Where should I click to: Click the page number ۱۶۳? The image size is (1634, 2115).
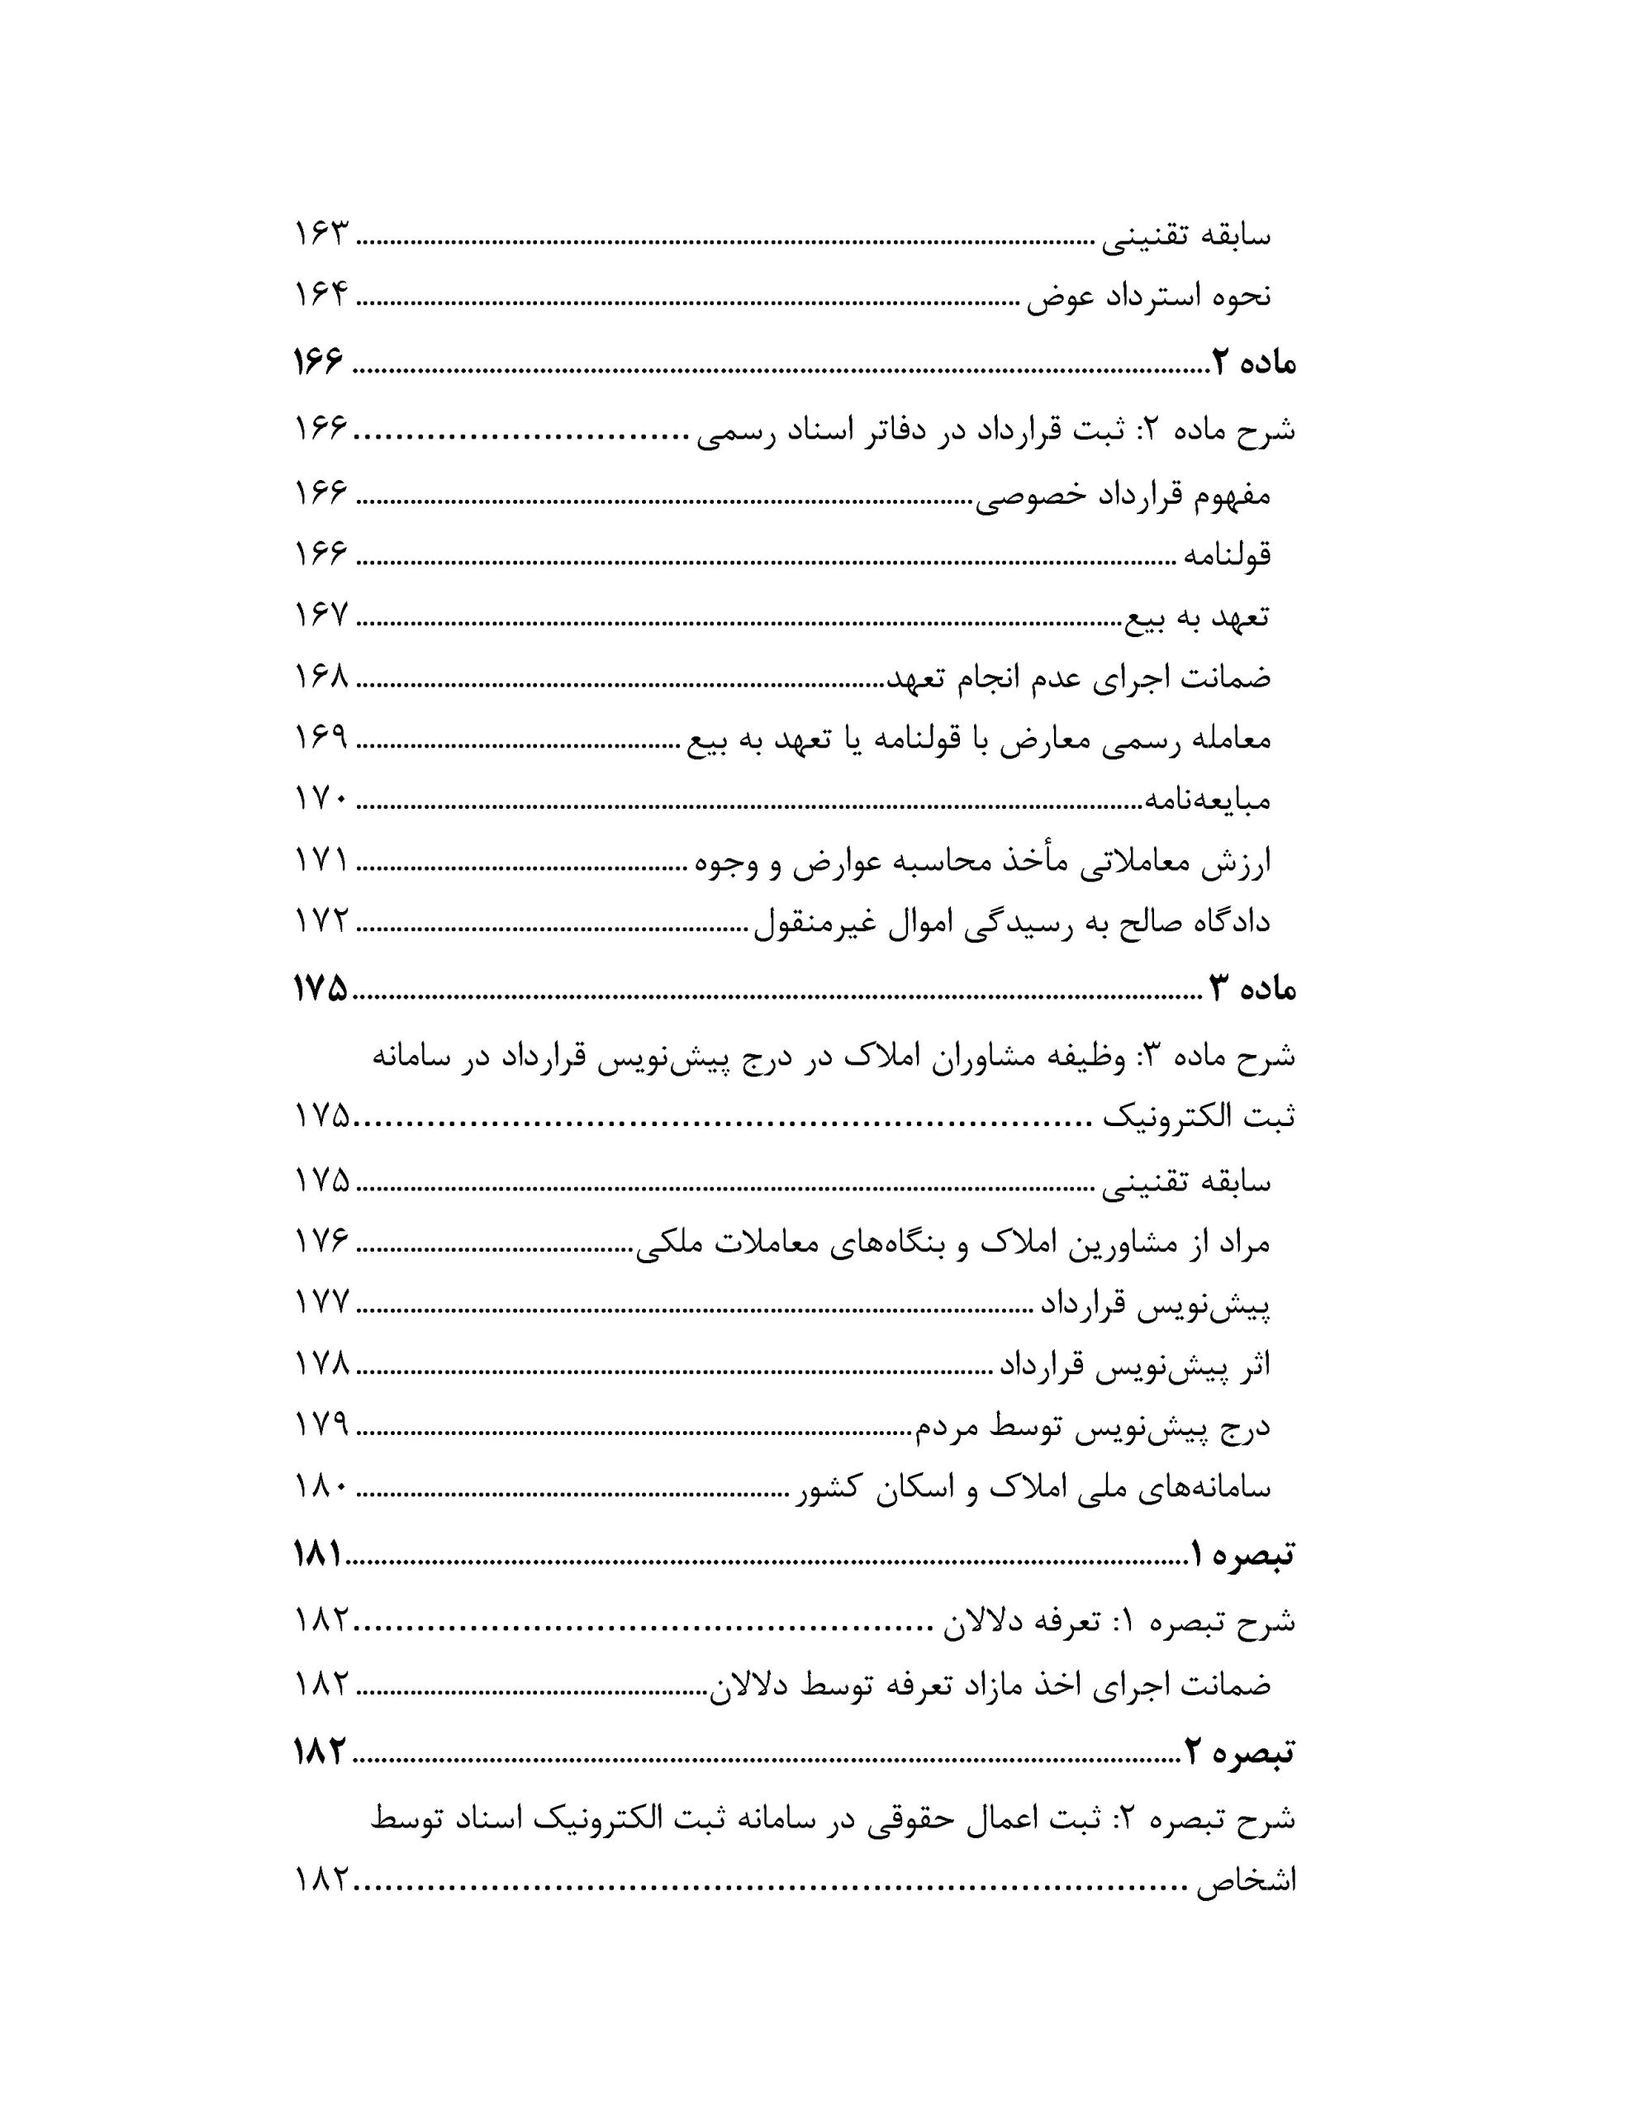pos(321,235)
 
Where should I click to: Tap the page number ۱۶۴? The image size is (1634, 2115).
pos(321,294)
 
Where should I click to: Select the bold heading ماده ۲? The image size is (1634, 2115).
pos(1252,364)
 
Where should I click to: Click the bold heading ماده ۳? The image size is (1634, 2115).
pos(1251,989)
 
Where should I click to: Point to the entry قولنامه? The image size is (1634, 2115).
pos(1224,556)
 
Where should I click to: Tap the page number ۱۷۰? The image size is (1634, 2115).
pos(321,799)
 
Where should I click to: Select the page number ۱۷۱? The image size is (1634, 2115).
pos(321,859)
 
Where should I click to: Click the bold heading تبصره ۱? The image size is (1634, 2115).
pos(1242,1555)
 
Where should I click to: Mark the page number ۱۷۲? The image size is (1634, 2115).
pos(321,920)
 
